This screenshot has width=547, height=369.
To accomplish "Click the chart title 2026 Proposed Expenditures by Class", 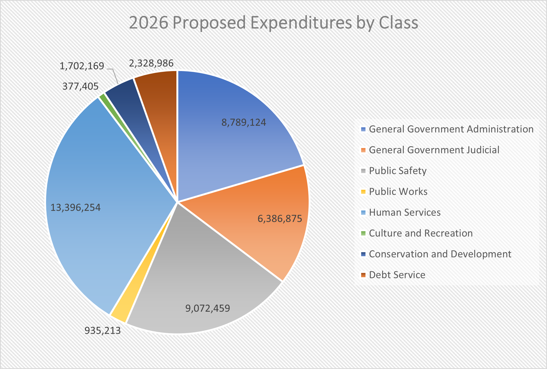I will pos(273,23).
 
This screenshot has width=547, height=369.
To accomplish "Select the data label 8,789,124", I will pos(244,122).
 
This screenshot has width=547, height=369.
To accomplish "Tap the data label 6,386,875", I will pos(280,219).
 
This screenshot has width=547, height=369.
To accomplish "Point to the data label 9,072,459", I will pos(208,308).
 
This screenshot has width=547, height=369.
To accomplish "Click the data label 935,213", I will pos(103,331).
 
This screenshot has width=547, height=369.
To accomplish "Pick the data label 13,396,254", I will pos(76,208).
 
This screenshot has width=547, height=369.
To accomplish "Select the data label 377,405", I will pos(80,86).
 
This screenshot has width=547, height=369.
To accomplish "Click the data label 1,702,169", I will pos(82,66).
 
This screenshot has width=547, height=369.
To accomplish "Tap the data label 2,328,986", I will pos(151,63).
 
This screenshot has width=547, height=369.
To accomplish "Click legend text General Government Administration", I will pos(451,129).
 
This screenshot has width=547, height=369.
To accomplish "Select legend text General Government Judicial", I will pos(434,150).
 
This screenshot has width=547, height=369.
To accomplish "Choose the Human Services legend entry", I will pos(405,212).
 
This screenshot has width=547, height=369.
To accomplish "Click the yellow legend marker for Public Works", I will pos(363,192).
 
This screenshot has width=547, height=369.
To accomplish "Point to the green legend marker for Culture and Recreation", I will pos(363,233).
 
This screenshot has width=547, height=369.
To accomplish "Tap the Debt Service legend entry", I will pos(397,275).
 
